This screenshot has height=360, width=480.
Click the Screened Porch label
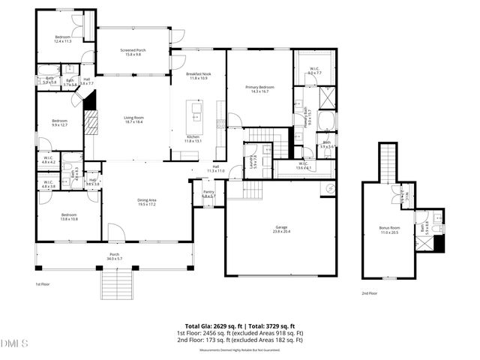click(x=133, y=50)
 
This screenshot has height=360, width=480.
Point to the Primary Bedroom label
click(x=260, y=87)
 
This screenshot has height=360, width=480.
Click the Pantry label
click(x=209, y=192)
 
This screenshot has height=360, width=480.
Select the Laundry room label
click(x=253, y=160)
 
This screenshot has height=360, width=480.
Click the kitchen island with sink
click(x=197, y=114)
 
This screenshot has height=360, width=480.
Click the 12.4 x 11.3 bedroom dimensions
click(x=63, y=41)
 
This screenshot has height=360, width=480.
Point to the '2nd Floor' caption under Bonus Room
click(x=369, y=293)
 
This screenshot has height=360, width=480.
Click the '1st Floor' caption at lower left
click(x=43, y=285)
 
